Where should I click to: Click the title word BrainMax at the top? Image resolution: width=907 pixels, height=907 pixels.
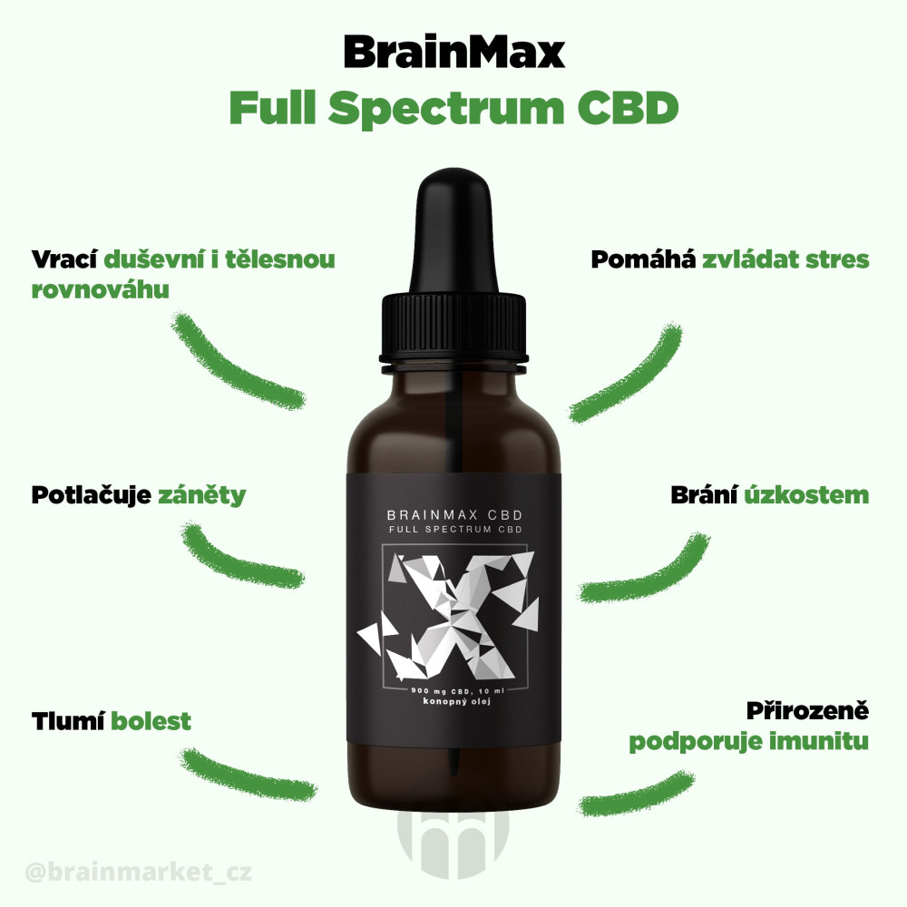point(453,53)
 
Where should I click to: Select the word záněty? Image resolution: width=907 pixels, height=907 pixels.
point(202,496)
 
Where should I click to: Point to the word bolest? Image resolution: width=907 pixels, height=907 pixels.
point(151,721)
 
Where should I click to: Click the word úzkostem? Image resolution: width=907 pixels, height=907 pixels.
point(806,495)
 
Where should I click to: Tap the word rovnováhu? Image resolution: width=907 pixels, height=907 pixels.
point(101,288)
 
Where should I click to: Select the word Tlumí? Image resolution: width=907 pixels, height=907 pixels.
point(68,721)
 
